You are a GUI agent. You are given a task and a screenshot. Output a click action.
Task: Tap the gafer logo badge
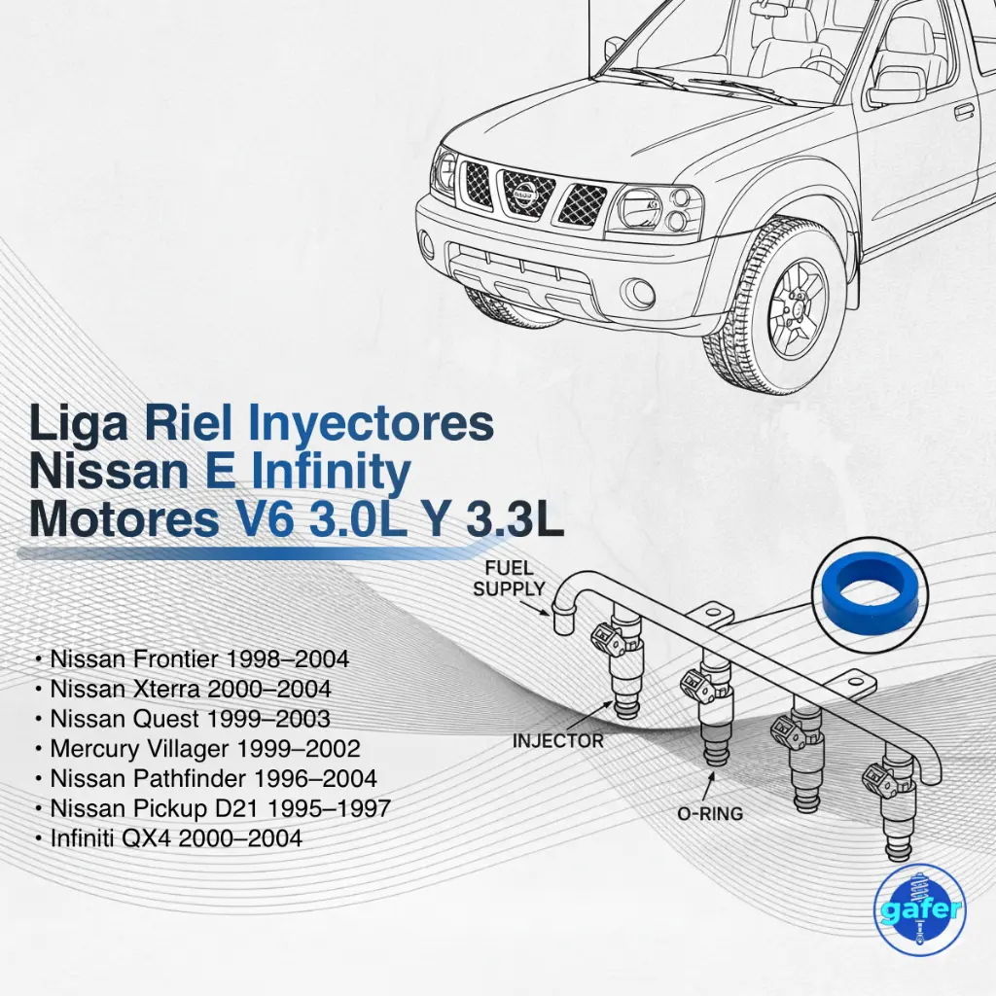[x=918, y=908]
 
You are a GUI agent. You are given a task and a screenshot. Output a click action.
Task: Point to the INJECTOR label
[x=557, y=741]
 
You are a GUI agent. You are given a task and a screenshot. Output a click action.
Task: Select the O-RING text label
[x=710, y=813]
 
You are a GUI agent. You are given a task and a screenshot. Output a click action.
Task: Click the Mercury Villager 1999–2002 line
[x=196, y=749]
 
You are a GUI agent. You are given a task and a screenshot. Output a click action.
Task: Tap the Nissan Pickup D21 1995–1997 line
[x=212, y=808]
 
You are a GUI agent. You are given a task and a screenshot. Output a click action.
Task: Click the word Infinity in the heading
[x=331, y=473]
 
